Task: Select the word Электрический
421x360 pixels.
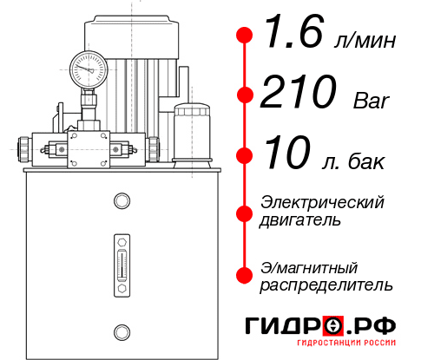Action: [x=322, y=202]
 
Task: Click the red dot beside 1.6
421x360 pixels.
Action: [x=245, y=36]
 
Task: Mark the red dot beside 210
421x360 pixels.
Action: [x=245, y=95]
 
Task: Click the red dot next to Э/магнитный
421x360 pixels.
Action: [x=245, y=275]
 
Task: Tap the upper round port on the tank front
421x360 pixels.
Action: [x=121, y=201]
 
